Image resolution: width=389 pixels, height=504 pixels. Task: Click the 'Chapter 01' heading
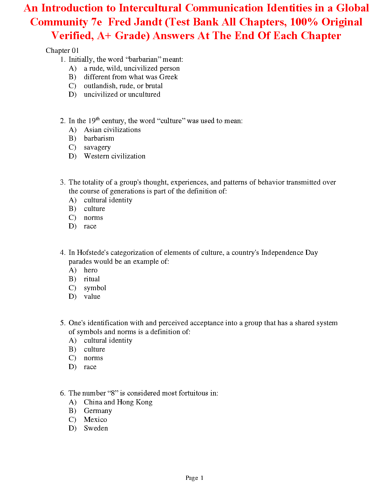click(62, 51)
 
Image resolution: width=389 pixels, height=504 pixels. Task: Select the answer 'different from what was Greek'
click(131, 77)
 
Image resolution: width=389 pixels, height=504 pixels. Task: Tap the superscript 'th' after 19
click(98, 119)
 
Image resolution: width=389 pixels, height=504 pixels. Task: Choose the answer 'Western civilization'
click(114, 156)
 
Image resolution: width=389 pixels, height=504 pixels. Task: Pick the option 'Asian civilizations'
click(112, 130)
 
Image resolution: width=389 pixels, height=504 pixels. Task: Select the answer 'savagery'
click(97, 147)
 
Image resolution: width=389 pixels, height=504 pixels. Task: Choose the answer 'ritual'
click(92, 279)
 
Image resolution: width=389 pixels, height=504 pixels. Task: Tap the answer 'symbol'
click(95, 288)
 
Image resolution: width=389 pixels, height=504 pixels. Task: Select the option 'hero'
click(91, 270)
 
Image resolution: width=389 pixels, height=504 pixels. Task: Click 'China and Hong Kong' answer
click(118, 402)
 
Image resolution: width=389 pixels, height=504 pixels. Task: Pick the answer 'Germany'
click(98, 411)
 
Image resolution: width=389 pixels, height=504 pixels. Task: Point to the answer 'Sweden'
click(96, 428)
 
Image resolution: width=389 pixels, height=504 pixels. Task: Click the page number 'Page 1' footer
click(194, 478)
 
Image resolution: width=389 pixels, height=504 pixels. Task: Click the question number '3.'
click(63, 182)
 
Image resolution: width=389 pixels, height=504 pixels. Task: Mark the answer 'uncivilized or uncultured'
click(122, 94)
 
